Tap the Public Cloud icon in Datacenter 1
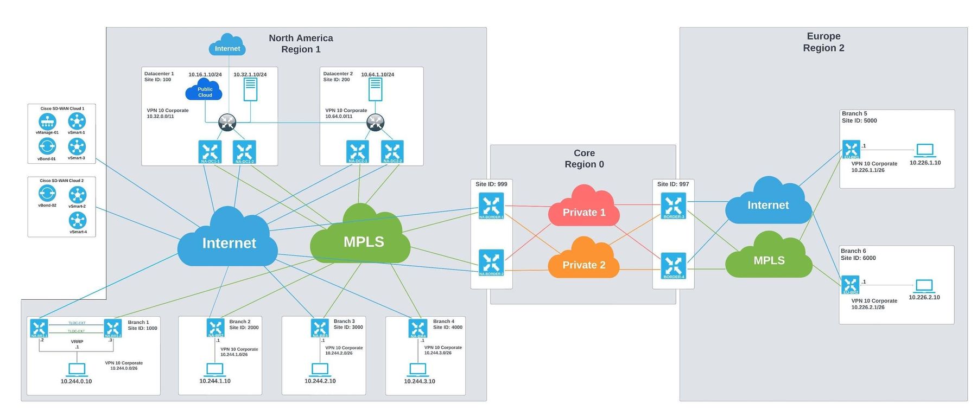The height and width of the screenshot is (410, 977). click(205, 91)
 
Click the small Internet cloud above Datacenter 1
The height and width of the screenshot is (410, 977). click(227, 46)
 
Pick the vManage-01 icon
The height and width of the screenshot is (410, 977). click(47, 121)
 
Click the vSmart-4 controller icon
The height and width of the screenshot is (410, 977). click(78, 220)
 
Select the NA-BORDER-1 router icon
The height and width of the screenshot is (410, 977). click(491, 206)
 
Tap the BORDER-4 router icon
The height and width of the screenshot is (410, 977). click(673, 266)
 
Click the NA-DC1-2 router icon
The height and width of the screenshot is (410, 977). click(244, 152)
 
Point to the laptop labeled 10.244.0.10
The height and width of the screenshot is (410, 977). click(77, 370)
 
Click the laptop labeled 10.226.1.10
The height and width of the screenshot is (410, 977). click(925, 150)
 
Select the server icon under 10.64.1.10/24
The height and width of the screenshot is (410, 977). click(375, 89)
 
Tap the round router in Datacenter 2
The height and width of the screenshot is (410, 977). click(375, 123)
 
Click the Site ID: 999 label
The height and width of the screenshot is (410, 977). click(491, 184)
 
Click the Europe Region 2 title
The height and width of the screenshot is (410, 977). click(823, 42)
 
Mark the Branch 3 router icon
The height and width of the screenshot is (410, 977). click(320, 328)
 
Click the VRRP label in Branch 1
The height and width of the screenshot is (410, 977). click(77, 342)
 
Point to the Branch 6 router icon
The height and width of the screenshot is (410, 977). click(851, 285)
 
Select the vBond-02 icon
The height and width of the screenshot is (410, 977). click(47, 193)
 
